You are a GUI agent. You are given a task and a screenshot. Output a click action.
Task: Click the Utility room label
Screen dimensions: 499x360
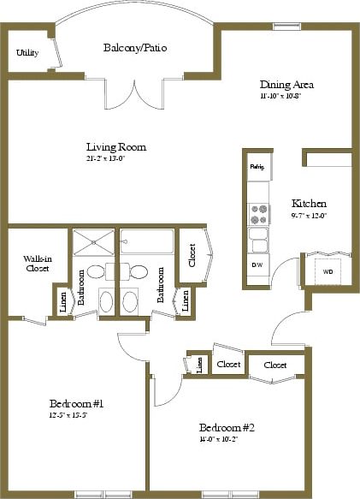(x=27, y=53)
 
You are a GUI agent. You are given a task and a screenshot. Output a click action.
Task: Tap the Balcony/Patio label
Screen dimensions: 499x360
(x=134, y=48)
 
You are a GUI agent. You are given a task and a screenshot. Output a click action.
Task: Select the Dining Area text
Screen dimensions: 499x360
(x=287, y=85)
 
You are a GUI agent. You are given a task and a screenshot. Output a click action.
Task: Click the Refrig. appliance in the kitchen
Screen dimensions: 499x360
(x=257, y=166)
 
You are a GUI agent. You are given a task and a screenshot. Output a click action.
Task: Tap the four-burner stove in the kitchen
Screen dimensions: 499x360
(x=257, y=211)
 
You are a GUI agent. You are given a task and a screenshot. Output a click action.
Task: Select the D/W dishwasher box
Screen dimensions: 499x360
(x=257, y=265)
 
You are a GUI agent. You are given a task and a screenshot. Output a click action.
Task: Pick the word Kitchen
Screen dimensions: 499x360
(x=309, y=204)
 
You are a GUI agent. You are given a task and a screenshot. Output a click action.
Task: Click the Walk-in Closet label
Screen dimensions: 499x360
(x=36, y=263)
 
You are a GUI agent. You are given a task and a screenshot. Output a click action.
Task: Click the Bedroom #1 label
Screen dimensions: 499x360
(x=75, y=402)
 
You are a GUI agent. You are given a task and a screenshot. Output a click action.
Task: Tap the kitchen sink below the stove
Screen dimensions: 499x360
(x=257, y=237)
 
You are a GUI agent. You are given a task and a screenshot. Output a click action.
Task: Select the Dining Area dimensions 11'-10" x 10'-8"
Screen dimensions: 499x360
(x=286, y=96)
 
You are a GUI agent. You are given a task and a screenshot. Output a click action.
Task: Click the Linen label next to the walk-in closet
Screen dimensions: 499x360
(x=64, y=300)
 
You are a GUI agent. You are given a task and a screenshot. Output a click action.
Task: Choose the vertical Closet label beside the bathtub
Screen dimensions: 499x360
(x=192, y=255)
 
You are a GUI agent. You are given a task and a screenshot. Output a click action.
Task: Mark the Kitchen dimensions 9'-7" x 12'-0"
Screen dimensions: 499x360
(x=309, y=216)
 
